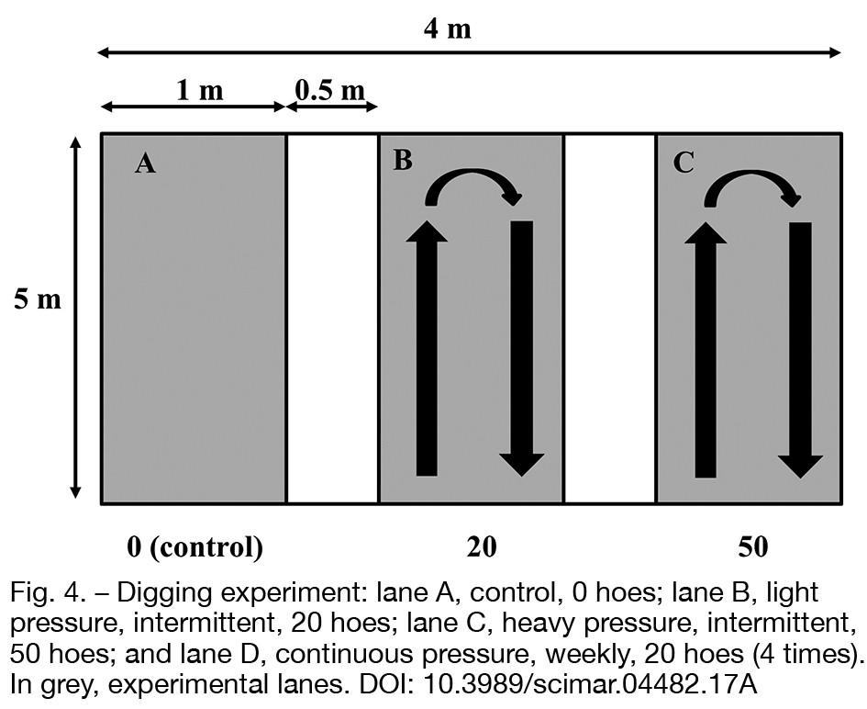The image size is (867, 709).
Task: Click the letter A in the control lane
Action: click(146, 163)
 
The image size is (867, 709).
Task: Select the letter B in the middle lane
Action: click(403, 160)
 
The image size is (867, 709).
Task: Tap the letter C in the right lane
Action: click(684, 163)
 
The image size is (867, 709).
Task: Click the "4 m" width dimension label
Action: click(448, 28)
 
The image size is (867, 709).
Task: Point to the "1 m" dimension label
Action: click(200, 90)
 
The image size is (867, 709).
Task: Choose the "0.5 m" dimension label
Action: click(330, 90)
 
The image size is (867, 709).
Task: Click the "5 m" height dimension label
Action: click(38, 299)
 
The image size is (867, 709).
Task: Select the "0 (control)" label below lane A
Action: click(195, 547)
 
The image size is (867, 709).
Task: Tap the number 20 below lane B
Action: click(482, 546)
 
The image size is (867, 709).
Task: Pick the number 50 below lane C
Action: click(753, 546)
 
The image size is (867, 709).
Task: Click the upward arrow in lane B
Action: click(427, 348)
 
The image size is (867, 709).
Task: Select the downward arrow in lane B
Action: click(522, 348)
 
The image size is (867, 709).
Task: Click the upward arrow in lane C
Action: click(706, 349)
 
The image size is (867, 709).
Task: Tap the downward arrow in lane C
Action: click(801, 350)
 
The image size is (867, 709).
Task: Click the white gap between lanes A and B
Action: click(332, 319)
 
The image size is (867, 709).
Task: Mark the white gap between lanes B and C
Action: click(610, 319)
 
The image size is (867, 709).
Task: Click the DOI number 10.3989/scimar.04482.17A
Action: click(590, 684)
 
